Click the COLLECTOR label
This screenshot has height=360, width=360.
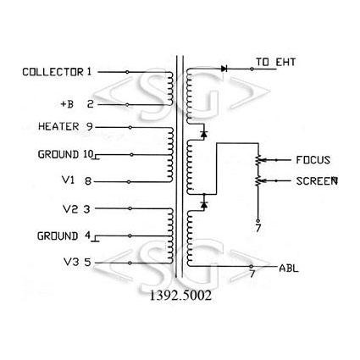pyautogui.click(x=53, y=72)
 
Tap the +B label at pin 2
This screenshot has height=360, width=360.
pyautogui.click(x=67, y=104)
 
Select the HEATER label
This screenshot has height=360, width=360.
pyautogui.click(x=58, y=126)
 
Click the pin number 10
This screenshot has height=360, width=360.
pyautogui.click(x=88, y=154)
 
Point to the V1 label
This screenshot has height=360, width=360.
pyautogui.click(x=68, y=180)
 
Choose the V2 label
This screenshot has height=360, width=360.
pyautogui.click(x=69, y=209)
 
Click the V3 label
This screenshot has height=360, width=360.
pyautogui.click(x=71, y=262)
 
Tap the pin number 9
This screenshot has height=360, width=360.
pyautogui.click(x=89, y=126)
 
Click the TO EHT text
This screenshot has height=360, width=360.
pyautogui.click(x=275, y=62)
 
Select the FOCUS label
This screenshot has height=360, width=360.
pyautogui.click(x=313, y=160)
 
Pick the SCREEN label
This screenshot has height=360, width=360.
pyautogui.click(x=317, y=181)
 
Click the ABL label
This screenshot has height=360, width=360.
pyautogui.click(x=289, y=268)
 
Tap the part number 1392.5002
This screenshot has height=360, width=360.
pyautogui.click(x=180, y=296)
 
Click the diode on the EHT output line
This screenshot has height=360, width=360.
pyautogui.click(x=224, y=69)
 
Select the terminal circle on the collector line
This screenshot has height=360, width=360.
pyautogui.click(x=127, y=72)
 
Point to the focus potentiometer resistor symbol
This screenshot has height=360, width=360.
pyautogui.click(x=258, y=160)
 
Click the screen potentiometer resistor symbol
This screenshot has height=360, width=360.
pyautogui.click(x=258, y=180)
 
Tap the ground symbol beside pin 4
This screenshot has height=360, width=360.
pyautogui.click(x=96, y=239)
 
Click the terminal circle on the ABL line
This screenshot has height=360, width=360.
pyautogui.click(x=251, y=266)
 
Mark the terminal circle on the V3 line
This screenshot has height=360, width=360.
pyautogui.click(x=130, y=263)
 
